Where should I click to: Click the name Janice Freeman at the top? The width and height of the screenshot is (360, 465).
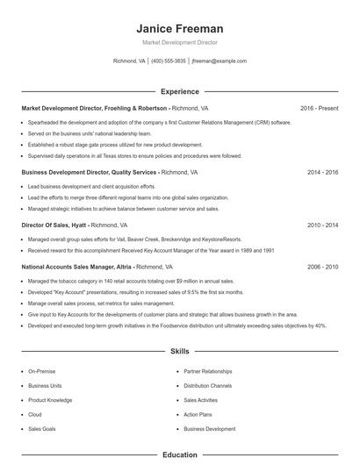tap(180, 28)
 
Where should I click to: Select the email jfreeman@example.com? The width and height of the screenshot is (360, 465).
tap(219, 61)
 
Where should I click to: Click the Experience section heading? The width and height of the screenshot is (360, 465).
tap(180, 91)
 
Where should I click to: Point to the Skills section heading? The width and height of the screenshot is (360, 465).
tap(180, 351)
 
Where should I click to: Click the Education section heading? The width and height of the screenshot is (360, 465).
tap(180, 455)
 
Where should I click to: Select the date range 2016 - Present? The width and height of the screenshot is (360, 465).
tap(319, 108)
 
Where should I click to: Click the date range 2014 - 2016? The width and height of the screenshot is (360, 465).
tap(322, 173)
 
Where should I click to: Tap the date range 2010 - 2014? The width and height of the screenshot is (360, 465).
tap(322, 225)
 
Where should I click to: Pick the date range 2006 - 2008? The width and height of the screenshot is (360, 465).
tap(322, 266)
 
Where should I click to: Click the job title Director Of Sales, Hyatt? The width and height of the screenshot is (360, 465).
tap(54, 225)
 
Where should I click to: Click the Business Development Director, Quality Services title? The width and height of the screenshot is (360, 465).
tap(89, 173)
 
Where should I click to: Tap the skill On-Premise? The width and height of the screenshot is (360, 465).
tap(41, 371)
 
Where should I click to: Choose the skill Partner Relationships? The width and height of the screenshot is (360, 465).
tap(208, 371)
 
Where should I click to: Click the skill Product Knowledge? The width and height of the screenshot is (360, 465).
tap(50, 400)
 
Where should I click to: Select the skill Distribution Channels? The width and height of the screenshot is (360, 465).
tap(208, 385)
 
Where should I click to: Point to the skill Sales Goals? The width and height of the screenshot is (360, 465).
tap(42, 429)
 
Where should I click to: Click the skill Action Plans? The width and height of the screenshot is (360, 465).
tap(198, 414)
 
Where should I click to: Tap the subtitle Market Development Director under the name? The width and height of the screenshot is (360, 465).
tap(180, 42)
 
